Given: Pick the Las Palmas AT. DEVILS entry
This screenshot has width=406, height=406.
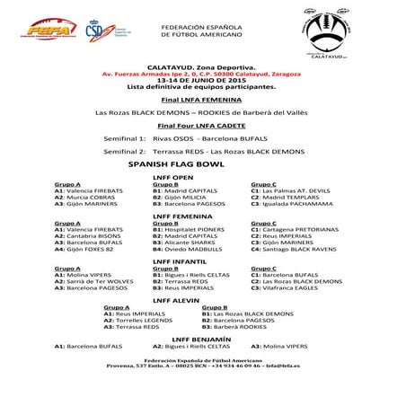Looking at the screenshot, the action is [291, 190].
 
